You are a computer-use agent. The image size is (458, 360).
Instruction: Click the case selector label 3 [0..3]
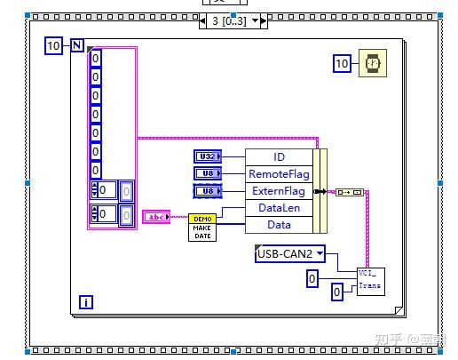click(x=227, y=20)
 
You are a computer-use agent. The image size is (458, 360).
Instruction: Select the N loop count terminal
click(x=77, y=45)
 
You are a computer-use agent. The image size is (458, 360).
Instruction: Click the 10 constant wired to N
click(x=54, y=45)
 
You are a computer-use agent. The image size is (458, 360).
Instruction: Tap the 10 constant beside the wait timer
click(x=343, y=62)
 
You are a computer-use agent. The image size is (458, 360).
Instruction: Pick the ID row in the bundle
click(x=279, y=156)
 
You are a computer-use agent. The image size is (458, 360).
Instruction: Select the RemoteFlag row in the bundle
click(x=279, y=173)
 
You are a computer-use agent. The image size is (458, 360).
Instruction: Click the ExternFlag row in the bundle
click(x=279, y=190)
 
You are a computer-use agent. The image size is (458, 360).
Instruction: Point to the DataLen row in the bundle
click(x=279, y=207)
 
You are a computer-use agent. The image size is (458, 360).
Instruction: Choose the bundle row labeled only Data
click(x=279, y=224)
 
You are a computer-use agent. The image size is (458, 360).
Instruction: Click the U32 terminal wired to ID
click(x=206, y=156)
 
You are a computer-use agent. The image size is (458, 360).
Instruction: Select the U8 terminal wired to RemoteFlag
click(x=206, y=173)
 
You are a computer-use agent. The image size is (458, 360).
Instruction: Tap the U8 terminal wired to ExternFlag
click(x=206, y=190)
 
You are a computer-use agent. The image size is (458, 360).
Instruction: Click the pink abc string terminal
click(x=156, y=216)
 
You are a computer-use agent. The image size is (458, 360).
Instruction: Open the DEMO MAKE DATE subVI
click(x=201, y=227)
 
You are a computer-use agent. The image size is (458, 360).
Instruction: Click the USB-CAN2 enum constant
click(x=289, y=254)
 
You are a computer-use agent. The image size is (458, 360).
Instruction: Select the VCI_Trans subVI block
click(x=370, y=280)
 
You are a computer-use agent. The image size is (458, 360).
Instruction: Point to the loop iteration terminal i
click(x=86, y=301)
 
